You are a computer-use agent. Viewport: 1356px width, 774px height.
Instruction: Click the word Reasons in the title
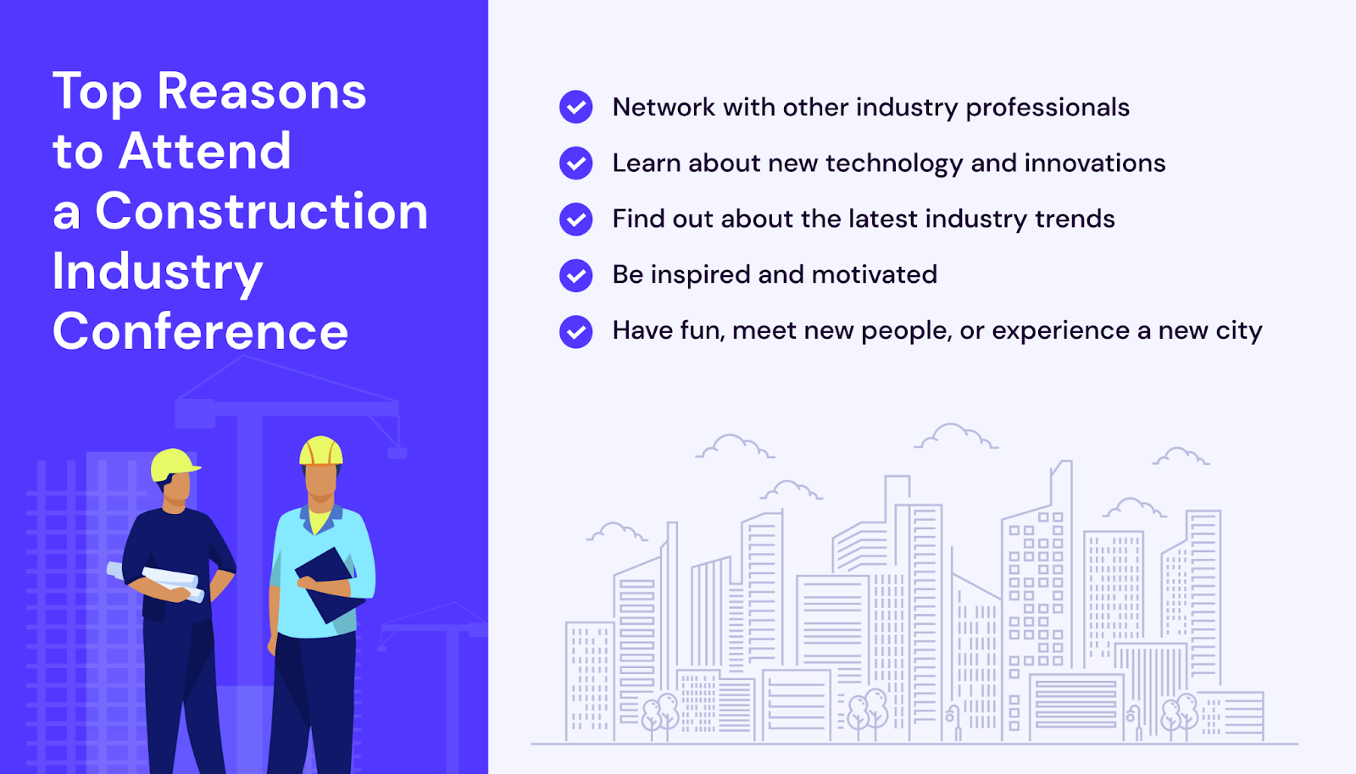click(262, 92)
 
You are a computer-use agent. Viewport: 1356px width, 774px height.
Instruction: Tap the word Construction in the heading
click(262, 211)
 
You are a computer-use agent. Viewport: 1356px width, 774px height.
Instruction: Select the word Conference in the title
click(200, 331)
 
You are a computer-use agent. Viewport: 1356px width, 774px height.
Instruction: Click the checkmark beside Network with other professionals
click(575, 107)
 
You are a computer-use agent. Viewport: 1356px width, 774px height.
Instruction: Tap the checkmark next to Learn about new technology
click(575, 163)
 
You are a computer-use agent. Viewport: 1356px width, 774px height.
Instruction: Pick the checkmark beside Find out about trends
click(575, 218)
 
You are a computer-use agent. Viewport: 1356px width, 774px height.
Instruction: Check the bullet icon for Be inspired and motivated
click(575, 275)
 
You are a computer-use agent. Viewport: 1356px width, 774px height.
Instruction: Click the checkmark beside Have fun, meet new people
click(575, 331)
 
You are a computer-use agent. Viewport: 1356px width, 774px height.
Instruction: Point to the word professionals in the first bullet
click(1048, 108)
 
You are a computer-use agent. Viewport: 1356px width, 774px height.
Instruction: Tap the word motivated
click(874, 275)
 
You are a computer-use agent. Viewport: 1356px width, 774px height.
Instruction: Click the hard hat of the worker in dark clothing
click(175, 464)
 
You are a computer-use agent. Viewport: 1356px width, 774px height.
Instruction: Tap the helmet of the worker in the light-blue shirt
click(321, 451)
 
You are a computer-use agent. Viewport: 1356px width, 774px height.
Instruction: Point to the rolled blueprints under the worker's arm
click(156, 582)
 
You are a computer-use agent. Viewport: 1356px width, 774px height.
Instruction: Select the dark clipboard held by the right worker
click(331, 585)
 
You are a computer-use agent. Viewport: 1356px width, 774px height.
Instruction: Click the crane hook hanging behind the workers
click(397, 451)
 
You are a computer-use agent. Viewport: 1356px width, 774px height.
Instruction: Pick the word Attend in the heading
click(204, 152)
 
